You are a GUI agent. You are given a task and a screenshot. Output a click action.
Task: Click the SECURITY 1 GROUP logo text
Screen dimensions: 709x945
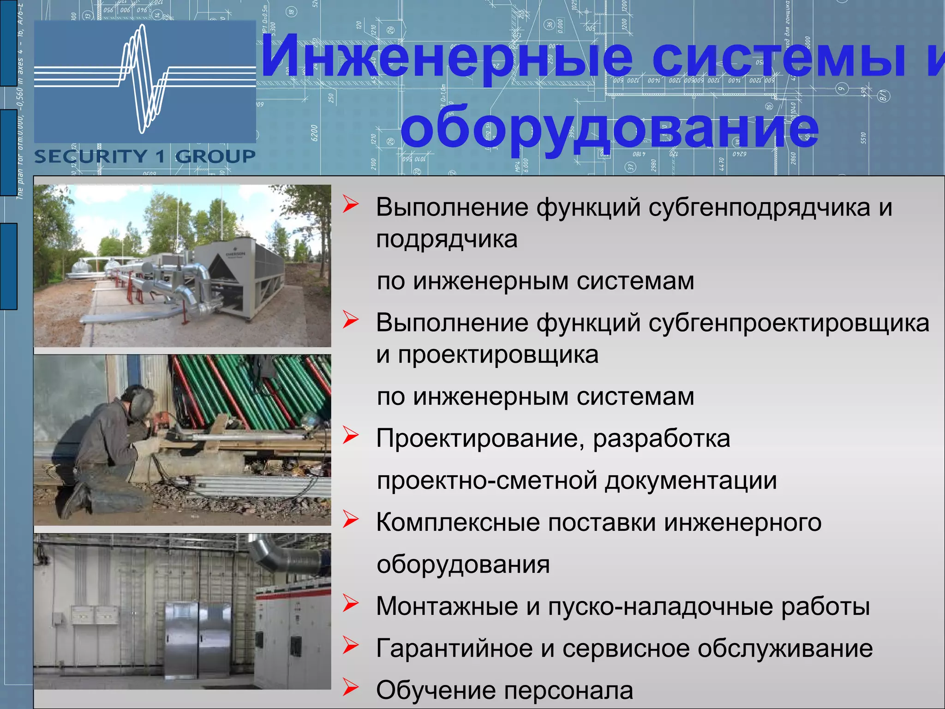click(x=145, y=157)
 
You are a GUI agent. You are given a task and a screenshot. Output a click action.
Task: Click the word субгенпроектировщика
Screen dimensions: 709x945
click(x=789, y=323)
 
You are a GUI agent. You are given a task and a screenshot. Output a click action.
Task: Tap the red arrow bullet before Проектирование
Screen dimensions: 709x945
click(x=351, y=435)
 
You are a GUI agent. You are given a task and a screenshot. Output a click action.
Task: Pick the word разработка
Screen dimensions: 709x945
click(x=661, y=439)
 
